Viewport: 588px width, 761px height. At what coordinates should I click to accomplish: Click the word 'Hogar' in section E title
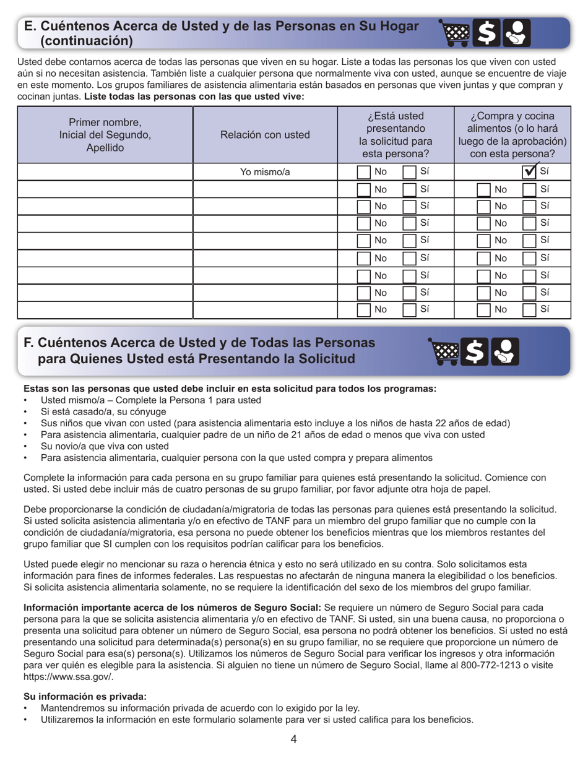(395, 27)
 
